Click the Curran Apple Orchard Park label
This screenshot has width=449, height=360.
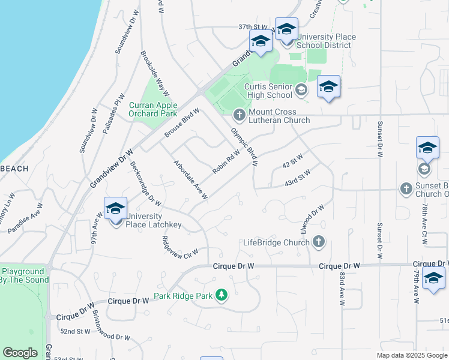(153, 109)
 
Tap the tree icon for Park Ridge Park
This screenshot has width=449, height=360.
(222, 295)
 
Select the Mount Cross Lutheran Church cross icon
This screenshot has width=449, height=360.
(239, 114)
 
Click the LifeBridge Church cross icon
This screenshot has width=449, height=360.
(318, 242)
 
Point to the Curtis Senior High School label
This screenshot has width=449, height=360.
(268, 90)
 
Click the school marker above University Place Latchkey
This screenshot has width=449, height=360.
(115, 208)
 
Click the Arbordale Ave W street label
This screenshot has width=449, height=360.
(191, 179)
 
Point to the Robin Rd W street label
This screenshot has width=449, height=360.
(226, 162)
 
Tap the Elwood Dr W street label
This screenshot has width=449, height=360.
(312, 220)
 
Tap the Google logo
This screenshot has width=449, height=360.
(20, 353)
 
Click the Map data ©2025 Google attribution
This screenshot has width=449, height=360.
(412, 355)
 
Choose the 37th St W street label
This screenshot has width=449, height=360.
(252, 27)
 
